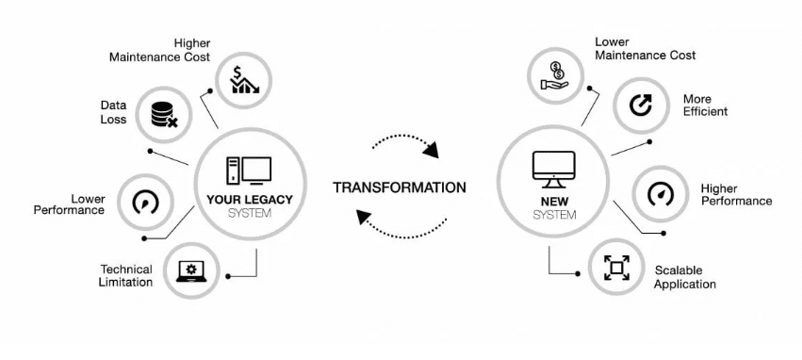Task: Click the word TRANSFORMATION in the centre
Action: (399, 188)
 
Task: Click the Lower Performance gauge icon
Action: (146, 203)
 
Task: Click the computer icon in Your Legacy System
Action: (249, 171)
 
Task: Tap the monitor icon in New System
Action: (553, 168)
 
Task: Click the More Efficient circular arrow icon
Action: (641, 106)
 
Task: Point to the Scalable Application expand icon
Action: (617, 268)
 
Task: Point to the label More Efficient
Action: (705, 106)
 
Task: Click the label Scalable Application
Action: (685, 277)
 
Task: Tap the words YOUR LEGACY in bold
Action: (250, 199)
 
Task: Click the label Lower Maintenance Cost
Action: (645, 49)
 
